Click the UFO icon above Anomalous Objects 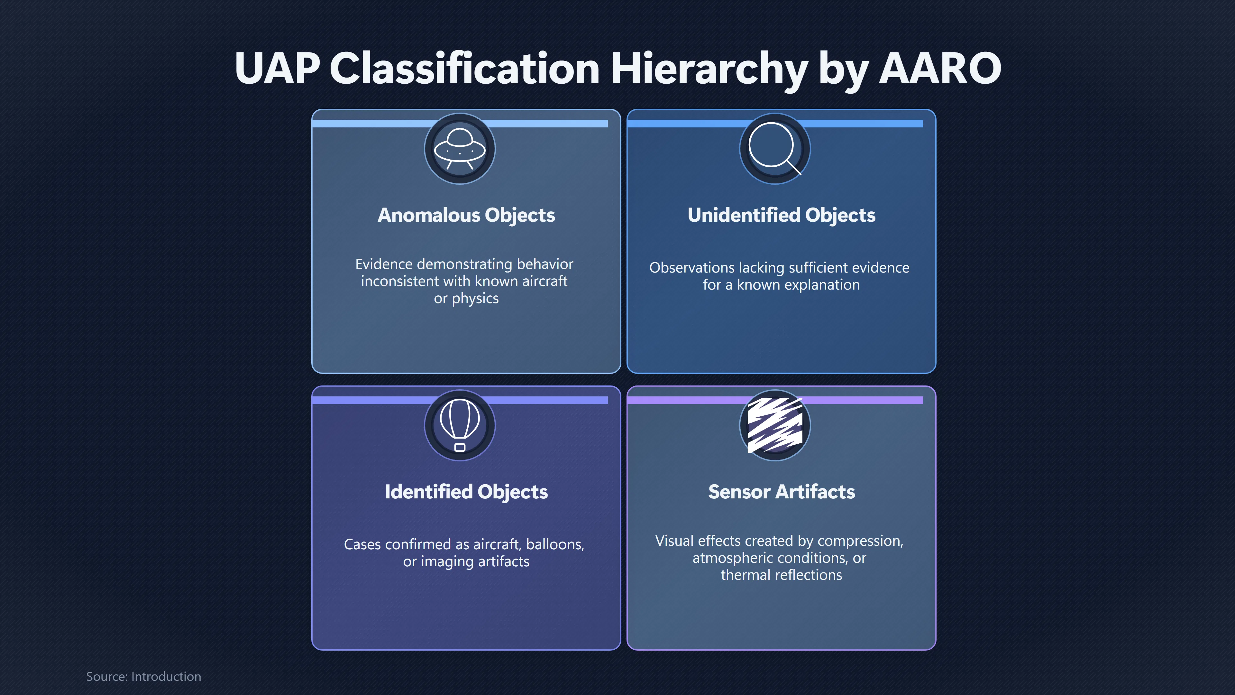(x=460, y=149)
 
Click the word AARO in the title (x=940, y=68)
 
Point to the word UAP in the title (x=277, y=68)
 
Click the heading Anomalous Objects (x=466, y=215)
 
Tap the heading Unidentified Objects (x=782, y=215)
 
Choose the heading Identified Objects (x=466, y=492)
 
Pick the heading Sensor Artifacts (x=782, y=492)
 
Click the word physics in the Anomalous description (x=475, y=299)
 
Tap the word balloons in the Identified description (x=555, y=544)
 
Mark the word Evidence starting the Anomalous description (x=384, y=264)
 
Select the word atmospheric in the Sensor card (x=732, y=558)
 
